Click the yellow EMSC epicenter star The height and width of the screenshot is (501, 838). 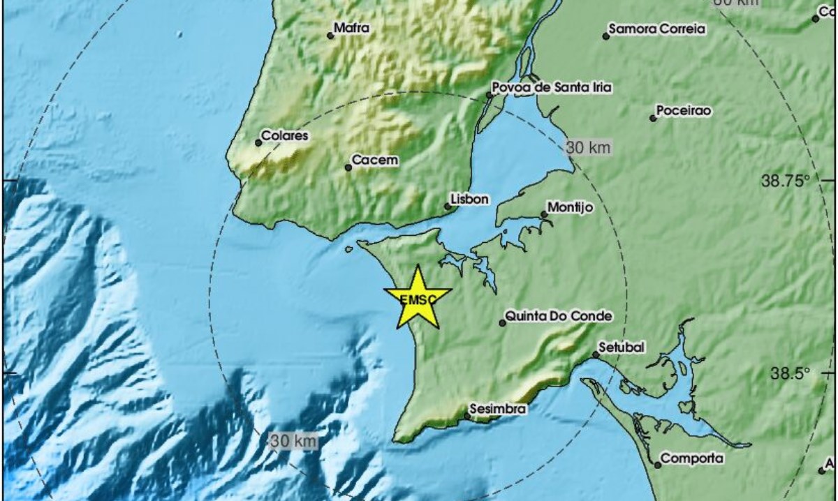418,298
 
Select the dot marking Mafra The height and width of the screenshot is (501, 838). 331,36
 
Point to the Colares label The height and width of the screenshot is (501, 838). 284,136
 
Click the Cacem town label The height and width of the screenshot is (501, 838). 375,160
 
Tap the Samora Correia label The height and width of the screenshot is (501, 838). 657,29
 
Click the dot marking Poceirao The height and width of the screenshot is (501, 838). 653,118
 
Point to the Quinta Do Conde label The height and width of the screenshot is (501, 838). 558,316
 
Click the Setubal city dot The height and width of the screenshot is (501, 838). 596,354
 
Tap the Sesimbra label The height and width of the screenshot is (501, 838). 498,409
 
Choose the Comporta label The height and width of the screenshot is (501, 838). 692,458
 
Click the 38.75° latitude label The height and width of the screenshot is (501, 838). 786,181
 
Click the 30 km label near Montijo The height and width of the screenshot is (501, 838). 588,147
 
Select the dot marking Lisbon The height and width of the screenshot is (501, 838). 448,206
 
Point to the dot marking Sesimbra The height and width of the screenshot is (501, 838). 467,417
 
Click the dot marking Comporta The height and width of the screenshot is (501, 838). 658,465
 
